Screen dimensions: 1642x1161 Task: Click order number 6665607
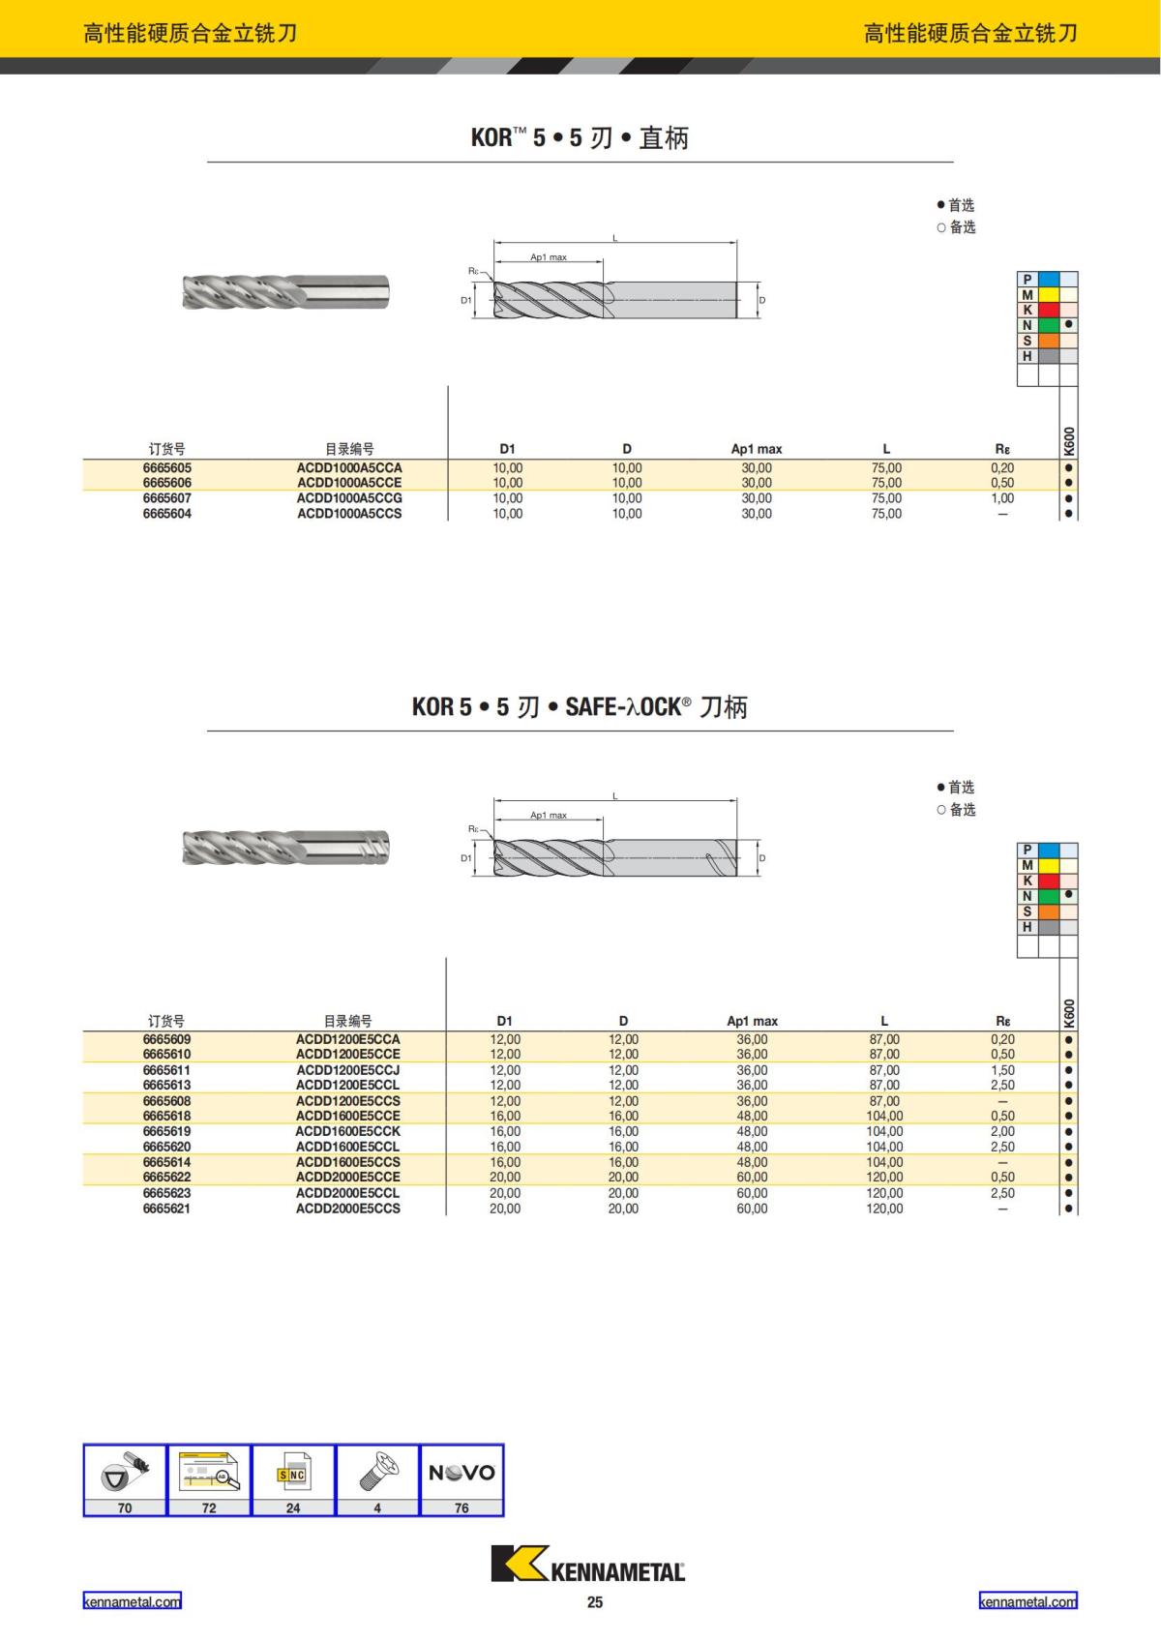166,498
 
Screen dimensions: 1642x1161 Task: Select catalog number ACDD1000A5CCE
349,483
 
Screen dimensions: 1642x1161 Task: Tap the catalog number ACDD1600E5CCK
347,1131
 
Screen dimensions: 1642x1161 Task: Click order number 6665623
166,1193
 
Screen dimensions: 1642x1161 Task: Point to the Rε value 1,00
1002,498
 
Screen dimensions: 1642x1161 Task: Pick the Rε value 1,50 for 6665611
1002,1070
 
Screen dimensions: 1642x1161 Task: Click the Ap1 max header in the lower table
752,1021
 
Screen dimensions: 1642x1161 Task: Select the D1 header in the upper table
507,449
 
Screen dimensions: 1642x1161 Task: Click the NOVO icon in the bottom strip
461,1473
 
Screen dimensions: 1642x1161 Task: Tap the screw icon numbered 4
377,1473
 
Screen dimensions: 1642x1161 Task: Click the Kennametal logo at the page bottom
588,1564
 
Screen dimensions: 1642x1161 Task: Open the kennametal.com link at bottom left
132,1601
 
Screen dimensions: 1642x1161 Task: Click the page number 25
594,1602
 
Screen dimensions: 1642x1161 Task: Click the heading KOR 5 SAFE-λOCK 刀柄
580,707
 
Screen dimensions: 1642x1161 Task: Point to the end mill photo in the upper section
285,291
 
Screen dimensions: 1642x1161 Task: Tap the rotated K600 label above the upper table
1069,441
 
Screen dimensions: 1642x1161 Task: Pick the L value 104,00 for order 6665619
884,1131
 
